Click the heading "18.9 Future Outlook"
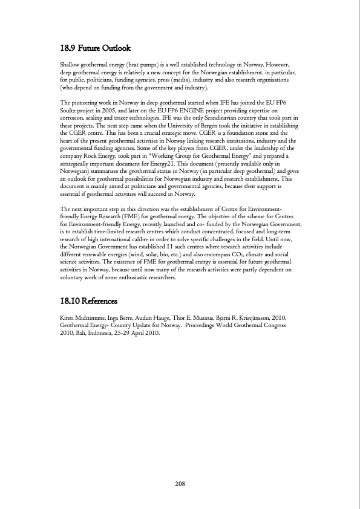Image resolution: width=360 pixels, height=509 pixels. click(x=96, y=48)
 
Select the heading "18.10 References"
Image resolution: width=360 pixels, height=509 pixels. click(x=89, y=300)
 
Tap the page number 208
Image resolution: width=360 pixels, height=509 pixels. click(x=180, y=484)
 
